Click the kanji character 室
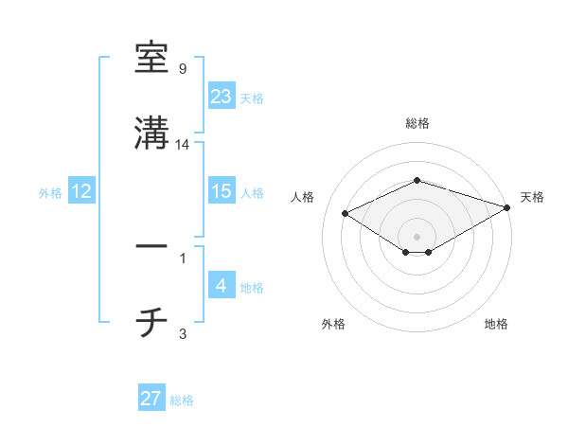[x=151, y=58]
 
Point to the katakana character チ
[x=151, y=322]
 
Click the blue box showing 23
[x=222, y=96]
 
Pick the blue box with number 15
[x=222, y=191]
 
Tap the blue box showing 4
[x=222, y=286]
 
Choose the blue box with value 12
[x=81, y=191]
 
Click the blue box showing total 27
[x=151, y=399]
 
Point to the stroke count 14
[x=184, y=145]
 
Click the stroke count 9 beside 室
[x=183, y=69]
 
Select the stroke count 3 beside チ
[x=183, y=333]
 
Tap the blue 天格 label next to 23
[x=252, y=98]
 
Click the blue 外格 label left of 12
[x=50, y=193]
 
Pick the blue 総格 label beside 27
[x=182, y=400]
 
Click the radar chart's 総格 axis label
[x=417, y=124]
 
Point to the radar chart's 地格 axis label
[x=496, y=325]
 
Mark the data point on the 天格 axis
[x=508, y=206]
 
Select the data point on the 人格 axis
[x=345, y=212]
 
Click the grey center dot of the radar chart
[x=417, y=236]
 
